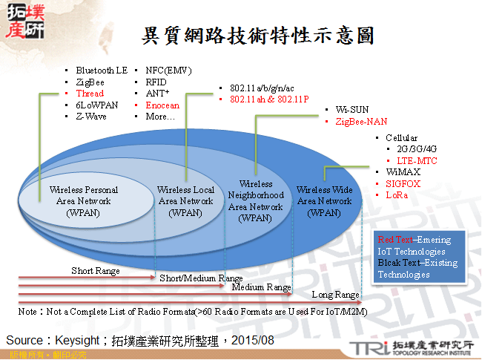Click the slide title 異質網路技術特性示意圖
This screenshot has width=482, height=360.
[x=257, y=36]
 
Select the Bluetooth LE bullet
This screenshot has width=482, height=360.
[x=101, y=70]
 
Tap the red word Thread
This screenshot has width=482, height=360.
[x=90, y=94]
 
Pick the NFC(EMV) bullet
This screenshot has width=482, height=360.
[x=168, y=70]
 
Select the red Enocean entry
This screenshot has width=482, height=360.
[x=162, y=105]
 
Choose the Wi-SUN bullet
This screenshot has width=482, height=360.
[x=352, y=110]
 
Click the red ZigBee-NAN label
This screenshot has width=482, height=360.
[x=361, y=122]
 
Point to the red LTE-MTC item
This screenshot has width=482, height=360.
[x=417, y=160]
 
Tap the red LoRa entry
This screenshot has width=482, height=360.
[x=397, y=194]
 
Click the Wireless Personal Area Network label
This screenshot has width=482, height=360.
[x=84, y=200]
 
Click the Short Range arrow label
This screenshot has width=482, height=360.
[x=95, y=271]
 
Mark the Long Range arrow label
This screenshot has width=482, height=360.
[x=335, y=295]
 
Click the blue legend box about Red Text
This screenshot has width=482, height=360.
[x=420, y=257]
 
